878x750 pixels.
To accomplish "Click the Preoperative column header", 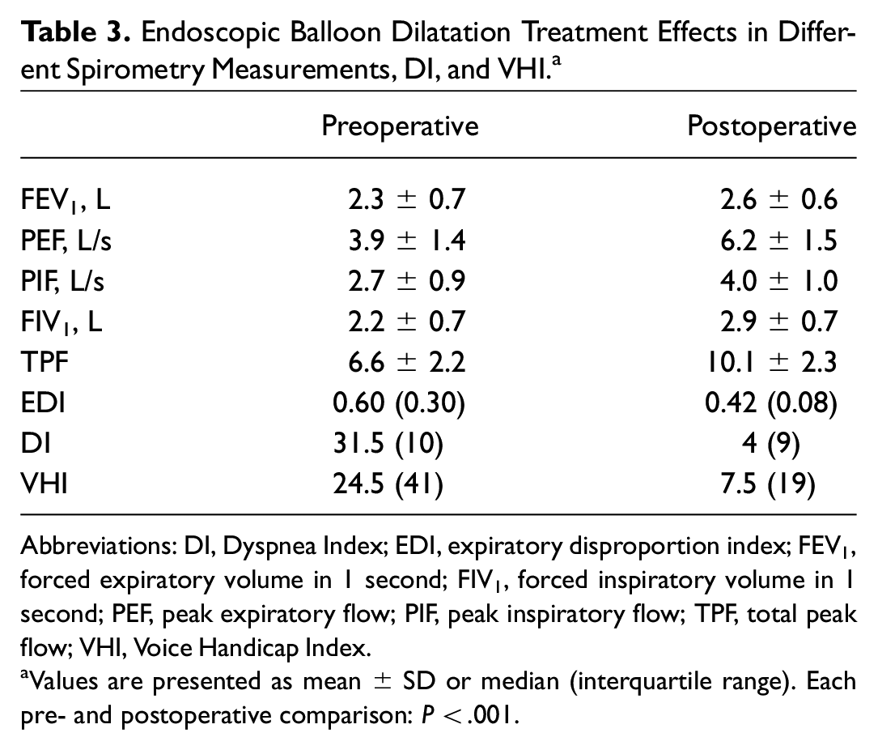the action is click(x=400, y=126).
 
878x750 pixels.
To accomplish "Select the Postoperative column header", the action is click(x=772, y=126).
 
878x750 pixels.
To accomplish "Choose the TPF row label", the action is click(x=45, y=361).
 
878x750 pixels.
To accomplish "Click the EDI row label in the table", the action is click(x=43, y=403).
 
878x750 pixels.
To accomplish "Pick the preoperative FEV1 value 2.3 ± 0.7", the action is click(x=406, y=200).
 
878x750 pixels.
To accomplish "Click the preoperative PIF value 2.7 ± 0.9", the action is click(x=406, y=281).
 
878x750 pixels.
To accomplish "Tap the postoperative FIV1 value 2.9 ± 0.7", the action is click(x=778, y=322).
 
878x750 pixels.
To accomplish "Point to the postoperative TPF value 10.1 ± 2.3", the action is click(x=772, y=362).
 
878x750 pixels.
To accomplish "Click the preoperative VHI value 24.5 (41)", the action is click(x=388, y=484).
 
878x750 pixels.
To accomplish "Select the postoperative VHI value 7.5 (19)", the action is click(x=768, y=484).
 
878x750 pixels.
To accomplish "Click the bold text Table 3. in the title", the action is click(x=76, y=32).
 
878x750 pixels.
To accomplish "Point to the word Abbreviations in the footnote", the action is click(x=98, y=545).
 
